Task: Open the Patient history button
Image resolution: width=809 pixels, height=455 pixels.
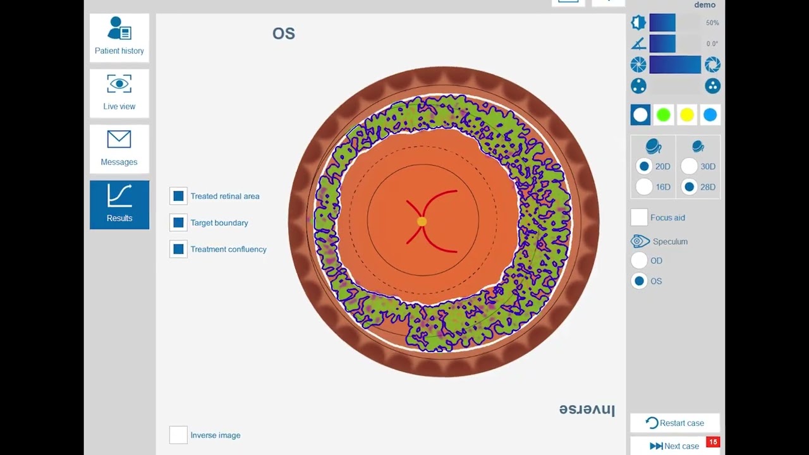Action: (119, 37)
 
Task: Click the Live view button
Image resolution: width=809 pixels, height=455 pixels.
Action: (119, 93)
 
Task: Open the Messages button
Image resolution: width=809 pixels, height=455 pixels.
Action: (119, 149)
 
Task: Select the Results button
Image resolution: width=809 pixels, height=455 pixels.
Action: (119, 204)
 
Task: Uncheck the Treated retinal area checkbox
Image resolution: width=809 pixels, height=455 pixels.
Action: (178, 196)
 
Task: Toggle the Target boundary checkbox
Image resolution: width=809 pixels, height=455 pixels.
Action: (178, 222)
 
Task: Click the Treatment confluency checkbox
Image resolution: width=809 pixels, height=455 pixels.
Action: (178, 249)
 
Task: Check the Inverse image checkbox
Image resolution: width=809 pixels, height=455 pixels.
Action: (178, 435)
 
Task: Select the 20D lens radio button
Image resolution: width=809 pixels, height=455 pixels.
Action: (644, 166)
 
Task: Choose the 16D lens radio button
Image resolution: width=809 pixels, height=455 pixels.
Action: (644, 187)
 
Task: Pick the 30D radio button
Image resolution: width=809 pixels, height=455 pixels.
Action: (689, 166)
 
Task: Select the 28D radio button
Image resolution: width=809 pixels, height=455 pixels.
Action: (689, 187)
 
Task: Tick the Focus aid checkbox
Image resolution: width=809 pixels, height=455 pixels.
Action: (639, 217)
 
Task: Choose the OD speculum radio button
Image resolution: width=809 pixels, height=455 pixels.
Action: (639, 260)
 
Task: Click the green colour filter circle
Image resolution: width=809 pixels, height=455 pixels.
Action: (664, 114)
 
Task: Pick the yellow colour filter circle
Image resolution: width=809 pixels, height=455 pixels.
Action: (687, 114)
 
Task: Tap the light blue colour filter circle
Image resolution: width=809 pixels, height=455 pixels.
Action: (710, 114)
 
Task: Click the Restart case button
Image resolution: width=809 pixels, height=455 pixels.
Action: (675, 423)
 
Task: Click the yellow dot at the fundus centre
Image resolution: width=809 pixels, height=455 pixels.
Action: (422, 221)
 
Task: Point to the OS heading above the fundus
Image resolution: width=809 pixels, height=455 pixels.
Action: (284, 33)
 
